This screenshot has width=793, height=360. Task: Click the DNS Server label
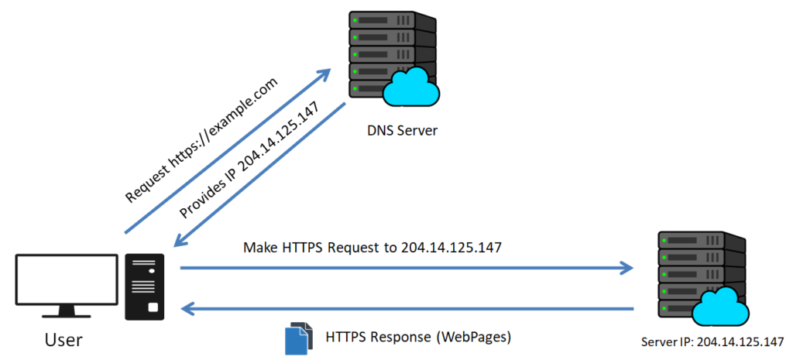(x=402, y=130)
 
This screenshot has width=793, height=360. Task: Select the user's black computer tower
(x=145, y=286)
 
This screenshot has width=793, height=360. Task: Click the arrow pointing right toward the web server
(x=406, y=269)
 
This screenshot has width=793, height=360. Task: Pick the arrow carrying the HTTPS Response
(x=406, y=309)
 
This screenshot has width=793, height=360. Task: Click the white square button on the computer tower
(x=152, y=308)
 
